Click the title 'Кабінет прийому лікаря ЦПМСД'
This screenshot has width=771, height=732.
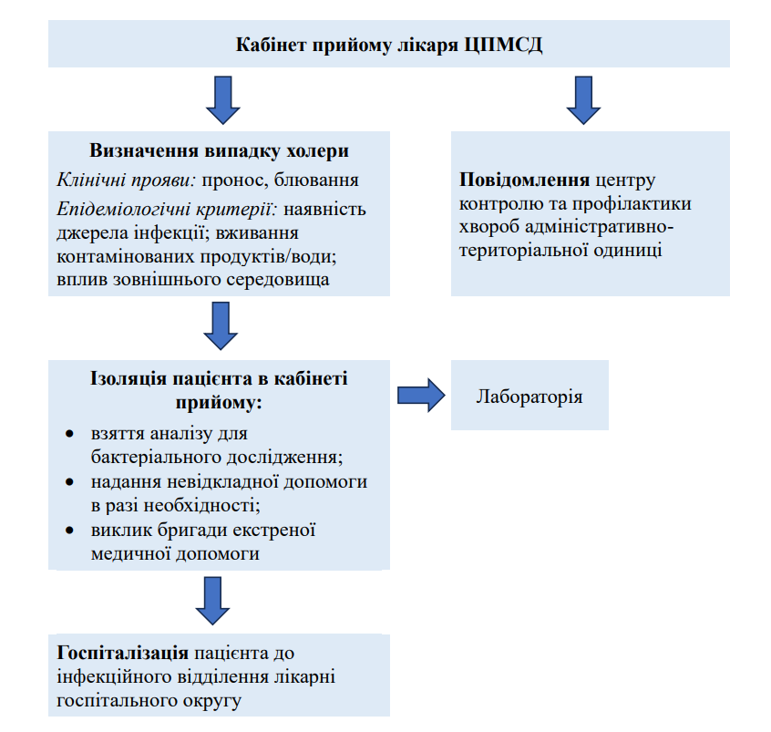[x=389, y=45]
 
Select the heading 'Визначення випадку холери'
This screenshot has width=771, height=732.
[x=220, y=150]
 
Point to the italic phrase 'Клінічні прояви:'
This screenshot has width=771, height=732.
[x=115, y=179]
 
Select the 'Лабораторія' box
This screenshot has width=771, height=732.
[x=529, y=397]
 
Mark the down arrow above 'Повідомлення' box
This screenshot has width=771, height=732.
[x=583, y=98]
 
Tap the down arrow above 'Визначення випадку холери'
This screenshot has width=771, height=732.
[x=222, y=98]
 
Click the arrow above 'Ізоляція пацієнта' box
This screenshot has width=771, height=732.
[x=221, y=325]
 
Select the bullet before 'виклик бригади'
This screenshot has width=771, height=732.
[x=72, y=530]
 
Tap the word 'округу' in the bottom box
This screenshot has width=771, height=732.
[x=214, y=701]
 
